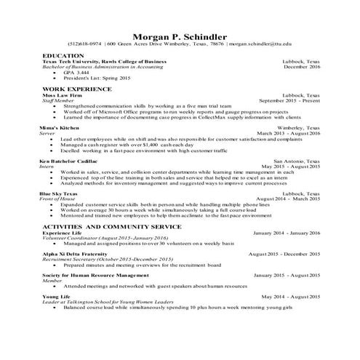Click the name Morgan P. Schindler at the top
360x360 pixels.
[x=180, y=36]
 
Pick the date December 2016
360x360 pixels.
[x=301, y=67]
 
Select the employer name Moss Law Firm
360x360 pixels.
[x=61, y=95]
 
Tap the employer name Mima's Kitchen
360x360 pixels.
[x=57, y=127]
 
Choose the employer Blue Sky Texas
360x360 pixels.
[x=60, y=193]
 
